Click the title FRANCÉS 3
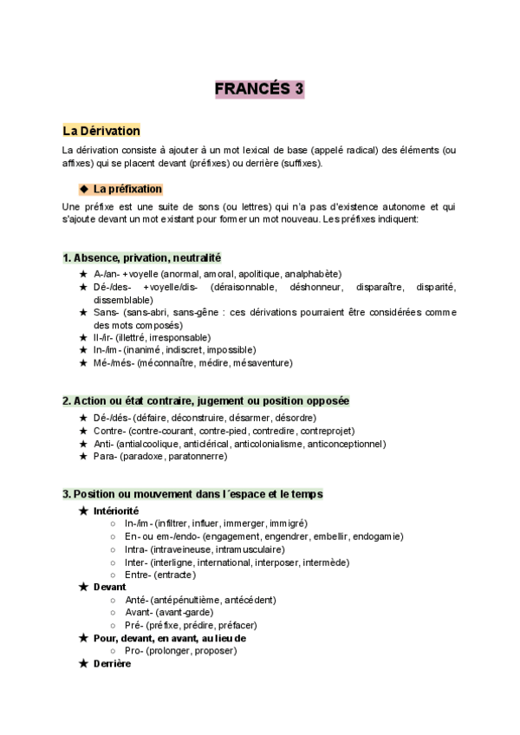coord(260,88)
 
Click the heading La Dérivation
coord(101,131)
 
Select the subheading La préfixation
coord(127,189)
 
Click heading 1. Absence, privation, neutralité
coord(142,257)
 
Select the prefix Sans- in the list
coord(107,312)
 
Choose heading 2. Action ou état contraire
coord(205,401)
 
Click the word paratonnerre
coord(197,456)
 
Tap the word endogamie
coord(376,537)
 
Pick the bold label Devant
coord(109,587)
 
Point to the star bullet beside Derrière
coord(84,663)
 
